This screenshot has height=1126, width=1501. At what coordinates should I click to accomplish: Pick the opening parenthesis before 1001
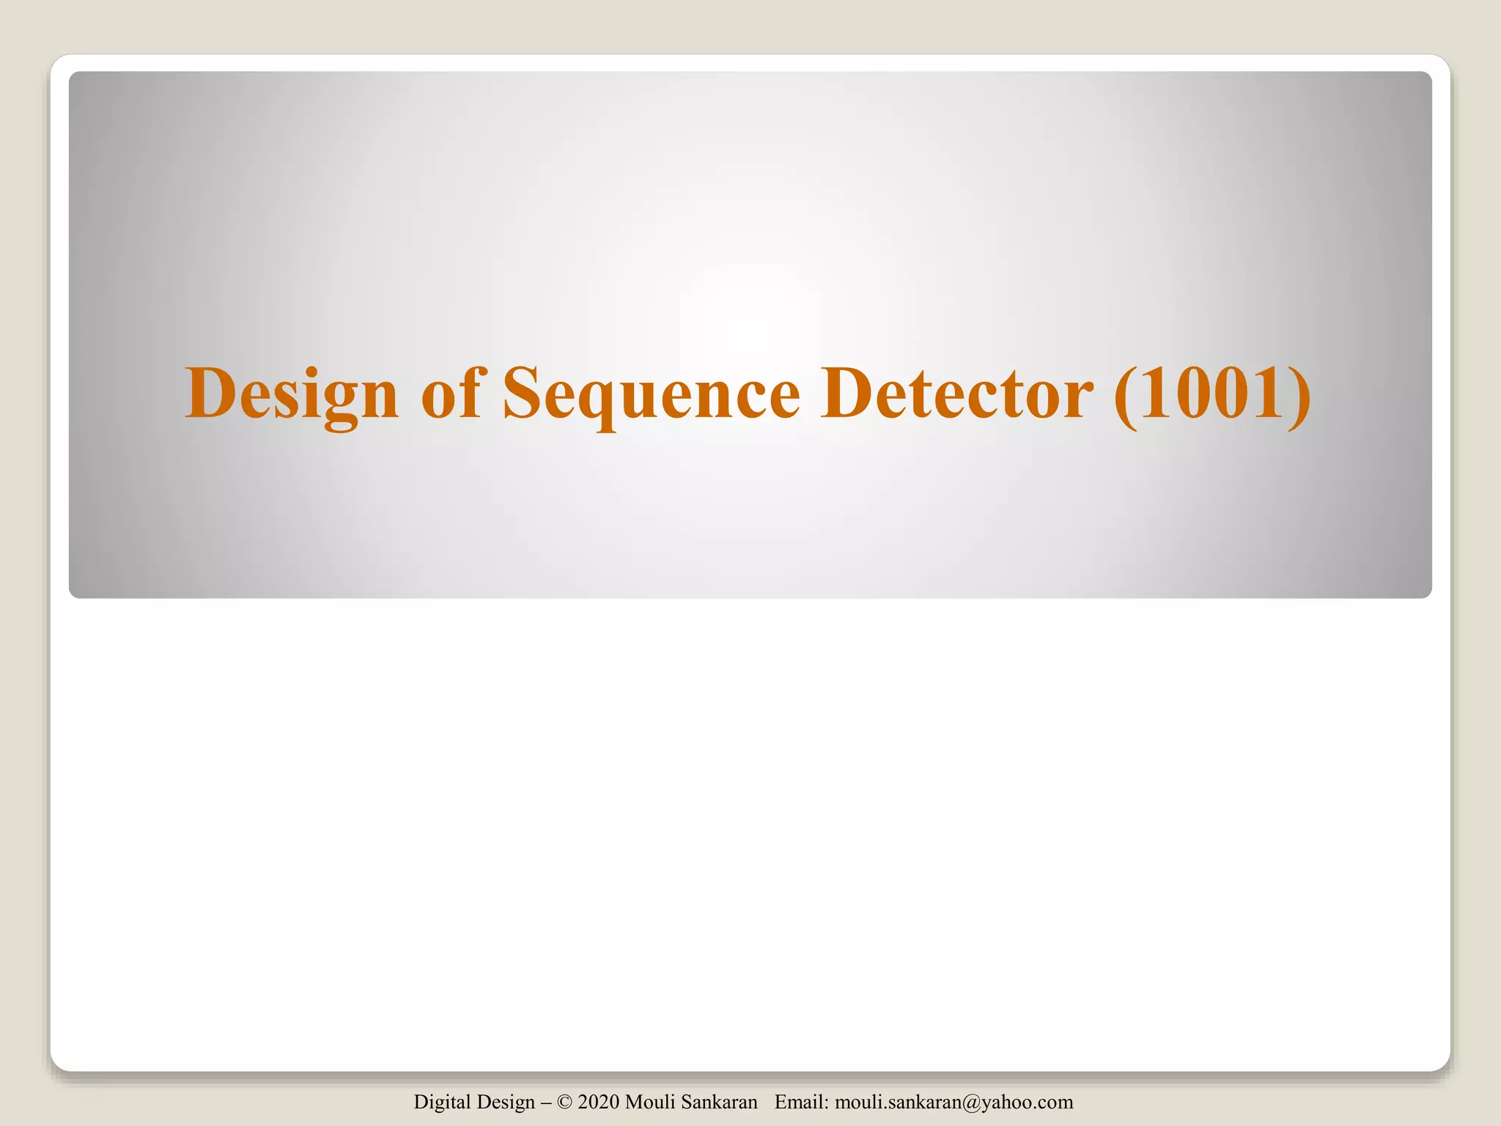[x=1124, y=396]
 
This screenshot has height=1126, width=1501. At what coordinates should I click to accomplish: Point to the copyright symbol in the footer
[x=564, y=1102]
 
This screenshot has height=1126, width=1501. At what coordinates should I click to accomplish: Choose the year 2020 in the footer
[x=599, y=1102]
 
